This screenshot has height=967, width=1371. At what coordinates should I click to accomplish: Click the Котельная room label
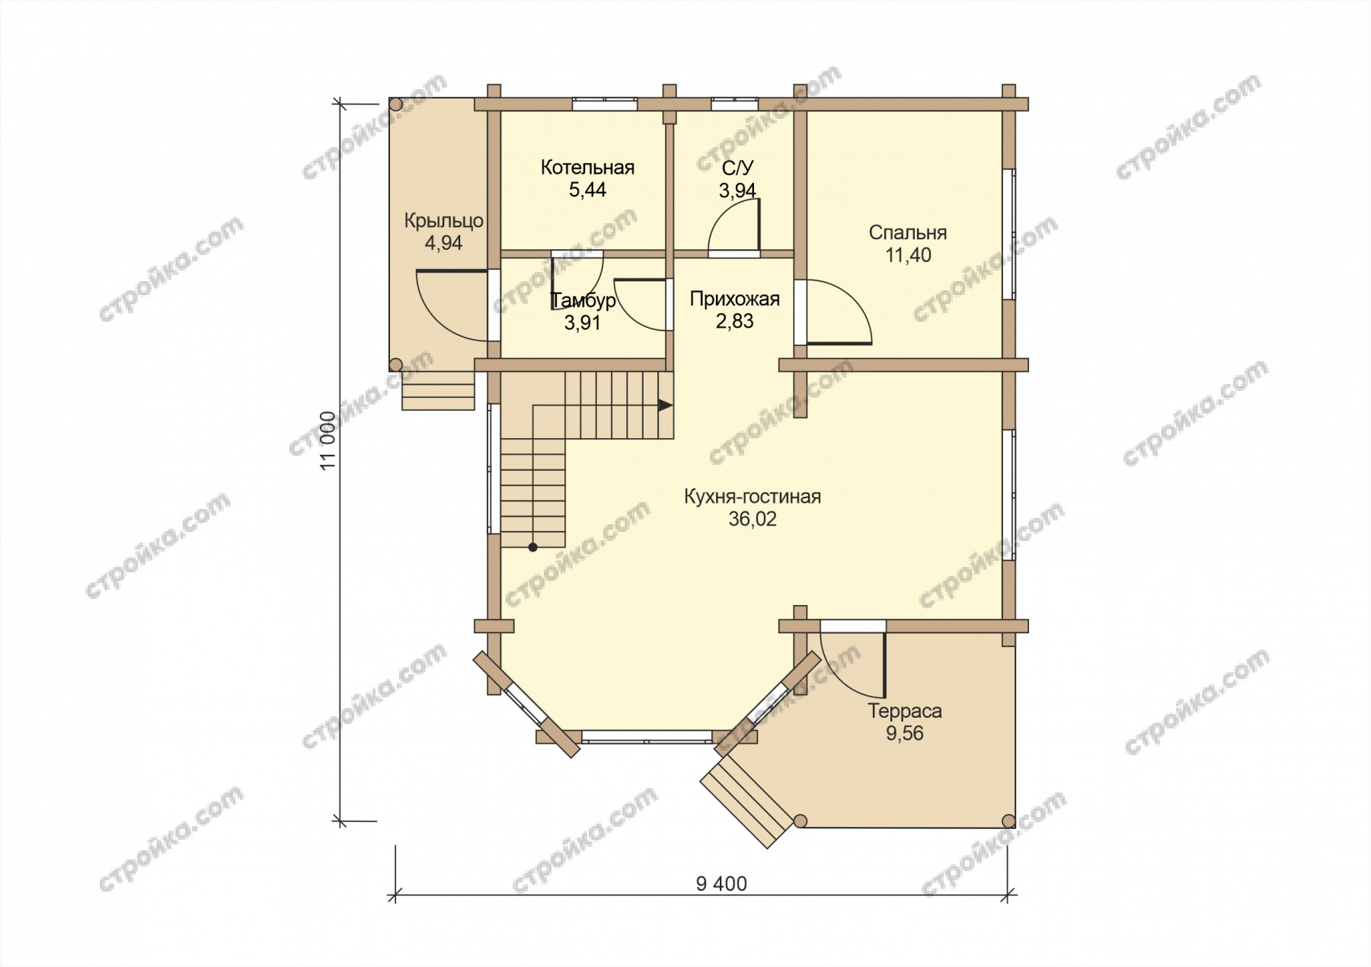[587, 168]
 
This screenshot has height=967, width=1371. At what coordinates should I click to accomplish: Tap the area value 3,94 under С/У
[737, 191]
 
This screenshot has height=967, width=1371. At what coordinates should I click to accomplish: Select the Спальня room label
[908, 233]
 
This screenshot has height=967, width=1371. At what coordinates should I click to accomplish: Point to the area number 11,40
[908, 256]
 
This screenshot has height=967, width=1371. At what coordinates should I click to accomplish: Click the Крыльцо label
[444, 222]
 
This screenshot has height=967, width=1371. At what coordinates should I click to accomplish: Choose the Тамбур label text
[583, 300]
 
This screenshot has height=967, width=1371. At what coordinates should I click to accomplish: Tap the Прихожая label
[735, 299]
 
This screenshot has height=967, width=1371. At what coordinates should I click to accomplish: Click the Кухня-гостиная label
[753, 498]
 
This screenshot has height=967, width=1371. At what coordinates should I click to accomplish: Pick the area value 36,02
[753, 520]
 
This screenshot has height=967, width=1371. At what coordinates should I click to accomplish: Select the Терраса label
[905, 711]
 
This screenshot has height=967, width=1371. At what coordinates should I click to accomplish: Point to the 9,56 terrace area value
[905, 734]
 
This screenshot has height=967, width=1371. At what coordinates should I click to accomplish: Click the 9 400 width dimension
[721, 884]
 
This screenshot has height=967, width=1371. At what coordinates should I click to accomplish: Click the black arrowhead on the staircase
[666, 405]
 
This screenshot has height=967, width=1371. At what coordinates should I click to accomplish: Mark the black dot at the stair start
[532, 547]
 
